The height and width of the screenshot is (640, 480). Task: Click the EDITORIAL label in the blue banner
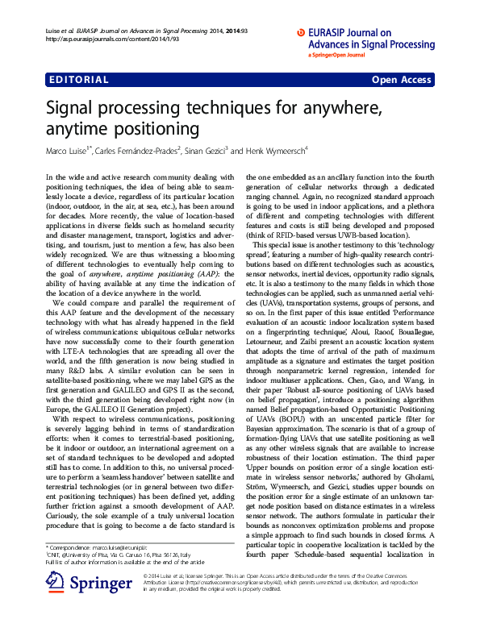(x=79, y=80)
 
